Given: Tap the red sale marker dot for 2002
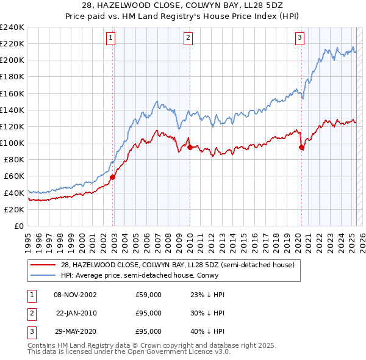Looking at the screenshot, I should click(113, 177).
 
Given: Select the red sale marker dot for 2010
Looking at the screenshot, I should click(190, 147).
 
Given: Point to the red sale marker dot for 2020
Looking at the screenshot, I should click(302, 147).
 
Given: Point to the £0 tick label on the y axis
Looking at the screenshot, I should click(19, 226).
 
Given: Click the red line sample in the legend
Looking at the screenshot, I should click(43, 265).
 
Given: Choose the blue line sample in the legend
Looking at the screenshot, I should click(43, 276).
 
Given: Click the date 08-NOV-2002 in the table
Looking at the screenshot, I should click(75, 295).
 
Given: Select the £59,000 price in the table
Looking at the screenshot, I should click(148, 295).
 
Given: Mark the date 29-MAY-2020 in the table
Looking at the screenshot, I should click(75, 331).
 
